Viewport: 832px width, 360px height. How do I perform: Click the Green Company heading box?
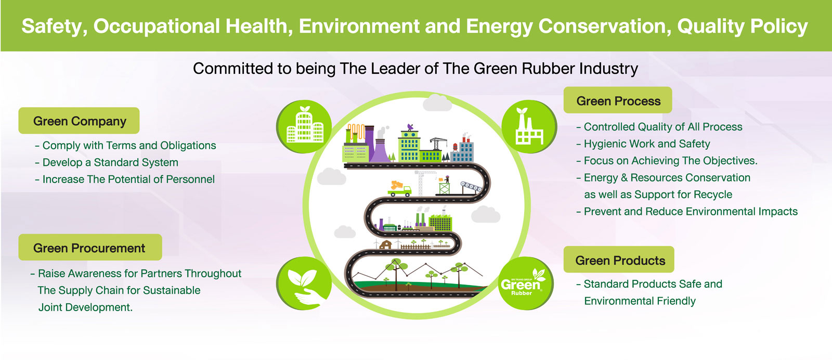(x=79, y=121)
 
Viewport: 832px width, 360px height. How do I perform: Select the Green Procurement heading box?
(x=90, y=248)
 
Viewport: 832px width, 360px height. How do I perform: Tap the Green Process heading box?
(x=618, y=100)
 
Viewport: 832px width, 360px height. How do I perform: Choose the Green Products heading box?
(x=619, y=260)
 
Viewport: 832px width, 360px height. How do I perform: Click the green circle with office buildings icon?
(x=304, y=126)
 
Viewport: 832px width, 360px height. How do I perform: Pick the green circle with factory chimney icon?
(x=529, y=126)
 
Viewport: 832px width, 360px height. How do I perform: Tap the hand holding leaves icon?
(x=304, y=283)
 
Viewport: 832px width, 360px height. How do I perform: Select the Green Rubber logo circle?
(x=526, y=283)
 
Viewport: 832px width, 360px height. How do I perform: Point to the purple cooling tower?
(x=381, y=150)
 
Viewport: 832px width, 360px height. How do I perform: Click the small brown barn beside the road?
(x=385, y=245)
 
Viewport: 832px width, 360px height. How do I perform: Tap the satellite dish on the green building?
(x=410, y=127)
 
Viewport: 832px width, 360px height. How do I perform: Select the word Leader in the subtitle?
(x=397, y=69)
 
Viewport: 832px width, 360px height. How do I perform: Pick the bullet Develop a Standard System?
(x=107, y=162)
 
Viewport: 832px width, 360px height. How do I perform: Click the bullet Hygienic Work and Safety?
(x=643, y=144)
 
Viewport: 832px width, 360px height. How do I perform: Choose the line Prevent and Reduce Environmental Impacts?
(x=687, y=211)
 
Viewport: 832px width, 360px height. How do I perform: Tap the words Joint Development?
(x=85, y=307)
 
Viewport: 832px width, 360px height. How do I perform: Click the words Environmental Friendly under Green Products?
(x=640, y=301)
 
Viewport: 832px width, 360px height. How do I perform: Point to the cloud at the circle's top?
(x=437, y=102)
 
